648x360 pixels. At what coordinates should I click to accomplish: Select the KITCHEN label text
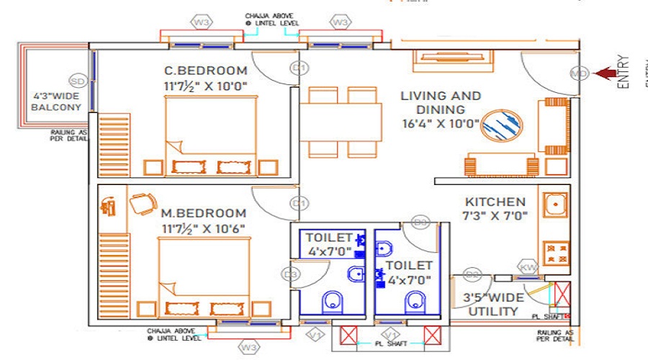click(x=495, y=202)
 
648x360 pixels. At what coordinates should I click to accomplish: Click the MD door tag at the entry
click(x=579, y=73)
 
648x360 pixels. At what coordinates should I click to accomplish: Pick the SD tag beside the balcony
click(x=78, y=80)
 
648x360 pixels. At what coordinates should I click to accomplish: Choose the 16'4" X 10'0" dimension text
click(x=441, y=123)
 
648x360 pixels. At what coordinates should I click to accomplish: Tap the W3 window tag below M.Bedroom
click(x=249, y=348)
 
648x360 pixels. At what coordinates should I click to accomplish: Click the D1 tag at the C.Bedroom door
click(x=299, y=68)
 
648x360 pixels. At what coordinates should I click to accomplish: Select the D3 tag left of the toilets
click(x=291, y=274)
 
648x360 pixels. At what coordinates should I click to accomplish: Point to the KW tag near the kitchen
click(x=528, y=268)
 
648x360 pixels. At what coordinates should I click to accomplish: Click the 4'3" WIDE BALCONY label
click(x=57, y=102)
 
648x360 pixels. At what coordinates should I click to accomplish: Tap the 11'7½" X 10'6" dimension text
click(x=204, y=228)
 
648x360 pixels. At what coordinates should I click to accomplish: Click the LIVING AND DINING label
click(x=441, y=102)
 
